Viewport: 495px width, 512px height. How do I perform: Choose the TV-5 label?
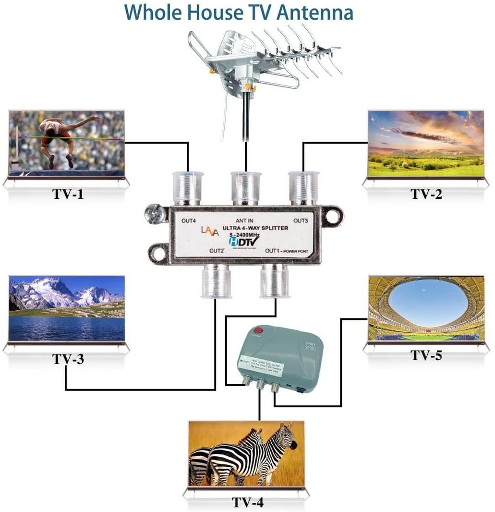426,355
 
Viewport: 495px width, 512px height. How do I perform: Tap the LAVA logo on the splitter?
210,232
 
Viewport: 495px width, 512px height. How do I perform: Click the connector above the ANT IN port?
245,188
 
